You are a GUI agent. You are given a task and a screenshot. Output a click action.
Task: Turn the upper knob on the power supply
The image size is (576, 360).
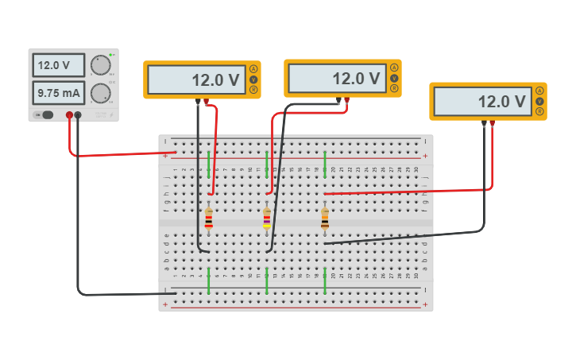click(101, 65)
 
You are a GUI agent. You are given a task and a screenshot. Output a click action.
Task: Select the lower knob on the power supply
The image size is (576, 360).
click(101, 93)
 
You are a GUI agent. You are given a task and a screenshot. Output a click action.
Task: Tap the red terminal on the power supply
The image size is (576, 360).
click(69, 115)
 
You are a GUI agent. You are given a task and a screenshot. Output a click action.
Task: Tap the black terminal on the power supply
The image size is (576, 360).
click(78, 115)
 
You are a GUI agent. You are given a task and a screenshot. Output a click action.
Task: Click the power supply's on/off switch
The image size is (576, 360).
click(47, 115)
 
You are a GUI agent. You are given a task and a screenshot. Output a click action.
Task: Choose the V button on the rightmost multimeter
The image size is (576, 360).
click(539, 101)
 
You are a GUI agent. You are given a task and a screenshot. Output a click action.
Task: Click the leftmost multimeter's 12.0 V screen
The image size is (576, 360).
click(196, 79)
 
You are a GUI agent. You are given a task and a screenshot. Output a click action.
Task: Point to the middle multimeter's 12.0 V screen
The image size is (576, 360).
click(337, 79)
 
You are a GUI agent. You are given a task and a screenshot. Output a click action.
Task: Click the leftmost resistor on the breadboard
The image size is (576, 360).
click(209, 219)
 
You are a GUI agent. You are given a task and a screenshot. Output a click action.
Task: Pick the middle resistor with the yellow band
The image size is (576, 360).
click(267, 219)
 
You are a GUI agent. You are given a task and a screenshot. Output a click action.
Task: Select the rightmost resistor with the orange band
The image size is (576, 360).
click(325, 219)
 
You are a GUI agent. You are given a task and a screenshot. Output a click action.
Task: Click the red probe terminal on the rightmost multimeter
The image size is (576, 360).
click(493, 122)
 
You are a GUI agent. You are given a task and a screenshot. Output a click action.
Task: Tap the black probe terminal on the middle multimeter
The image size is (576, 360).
click(338, 100)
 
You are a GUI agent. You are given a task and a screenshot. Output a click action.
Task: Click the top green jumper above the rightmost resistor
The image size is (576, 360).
click(325, 164)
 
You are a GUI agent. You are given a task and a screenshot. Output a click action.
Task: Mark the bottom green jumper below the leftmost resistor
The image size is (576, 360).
click(209, 281)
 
